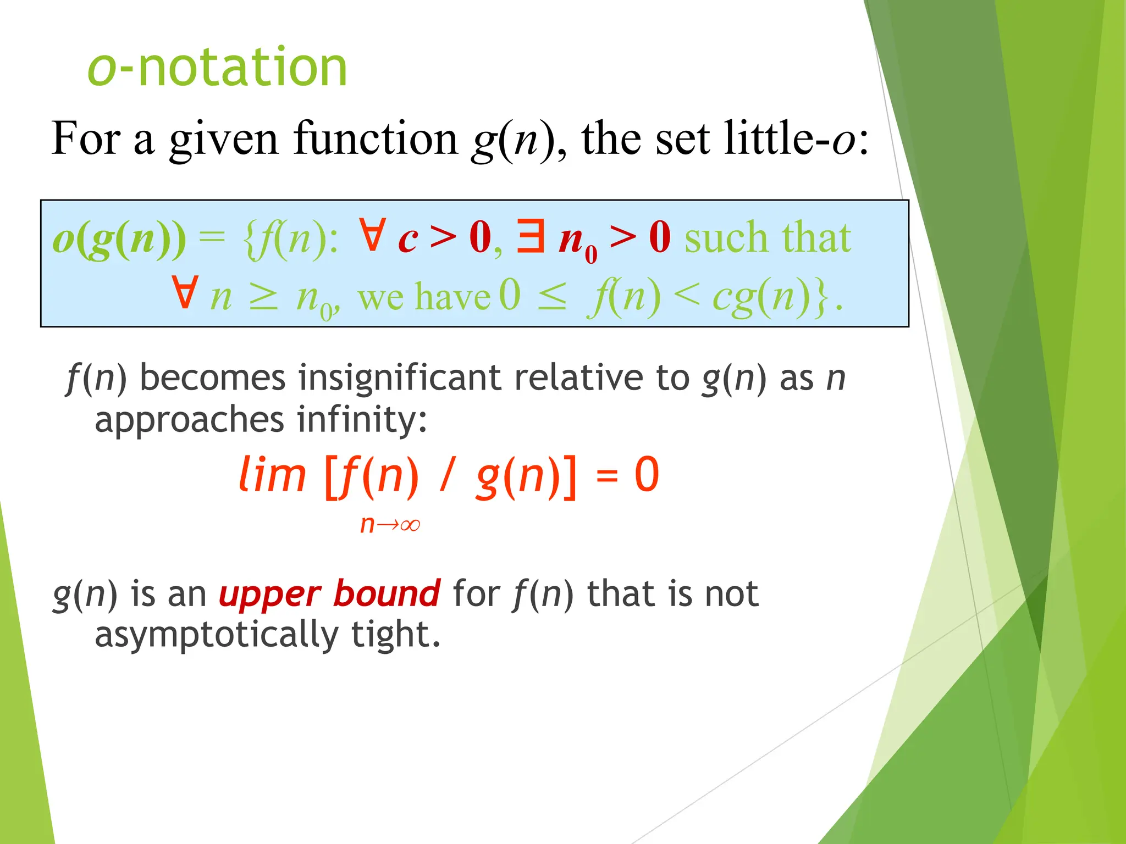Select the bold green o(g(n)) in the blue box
[119, 240]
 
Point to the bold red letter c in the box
[408, 240]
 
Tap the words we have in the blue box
[423, 297]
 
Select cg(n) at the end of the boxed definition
[762, 297]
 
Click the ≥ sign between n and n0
[263, 297]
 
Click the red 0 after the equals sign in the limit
[647, 474]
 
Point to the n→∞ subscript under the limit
[390, 525]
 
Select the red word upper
[269, 595]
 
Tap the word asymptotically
[217, 635]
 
